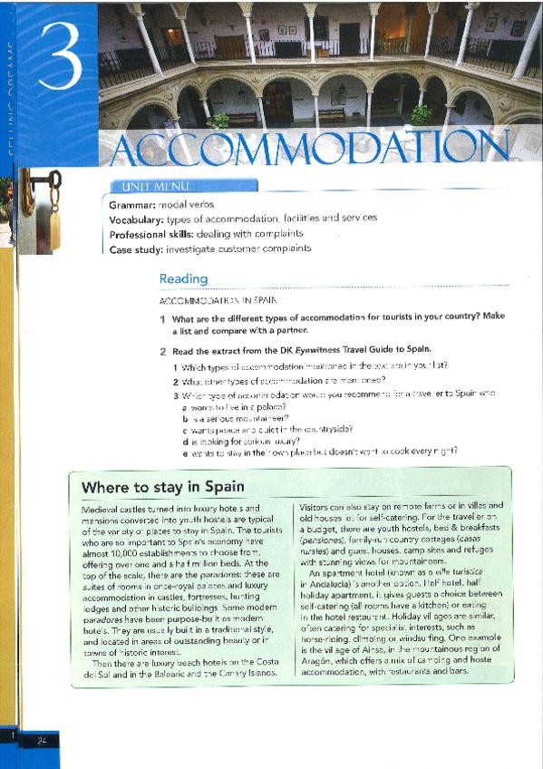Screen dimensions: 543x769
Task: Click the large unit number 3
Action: (59, 58)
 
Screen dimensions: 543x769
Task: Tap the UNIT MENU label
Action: (142, 188)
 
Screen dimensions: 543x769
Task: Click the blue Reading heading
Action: (183, 279)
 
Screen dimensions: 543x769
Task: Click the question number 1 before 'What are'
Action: (162, 319)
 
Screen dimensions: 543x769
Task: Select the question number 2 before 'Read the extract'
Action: (162, 350)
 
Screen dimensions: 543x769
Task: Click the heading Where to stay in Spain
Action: (162, 488)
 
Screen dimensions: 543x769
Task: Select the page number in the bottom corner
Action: (42, 741)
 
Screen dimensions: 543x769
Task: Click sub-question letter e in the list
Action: (185, 451)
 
